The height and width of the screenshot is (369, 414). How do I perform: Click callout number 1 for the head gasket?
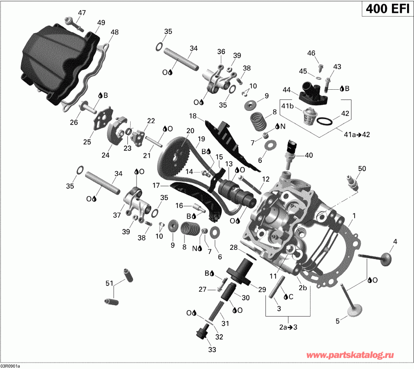[x=354, y=215]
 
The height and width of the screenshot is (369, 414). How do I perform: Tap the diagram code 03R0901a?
[x=10, y=366]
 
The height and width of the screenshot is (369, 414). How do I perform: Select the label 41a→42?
[x=357, y=134]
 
